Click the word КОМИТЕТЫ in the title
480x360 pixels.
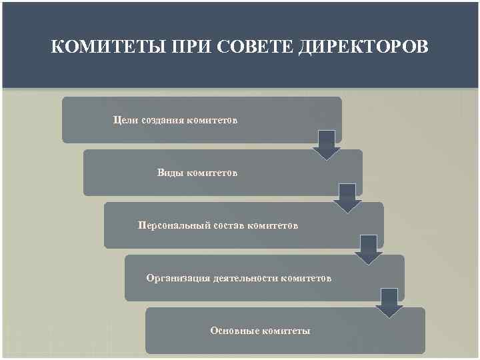coord(93,48)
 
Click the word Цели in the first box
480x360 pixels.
coord(126,120)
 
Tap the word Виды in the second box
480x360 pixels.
coord(169,173)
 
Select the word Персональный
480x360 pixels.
coord(175,225)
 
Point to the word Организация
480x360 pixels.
coord(179,277)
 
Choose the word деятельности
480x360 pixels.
coord(246,277)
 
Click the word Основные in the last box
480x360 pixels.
coord(234,330)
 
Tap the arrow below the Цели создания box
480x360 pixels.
coord(327,145)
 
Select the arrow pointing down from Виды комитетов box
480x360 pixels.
coord(347,198)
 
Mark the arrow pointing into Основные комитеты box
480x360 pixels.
coord(389,303)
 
